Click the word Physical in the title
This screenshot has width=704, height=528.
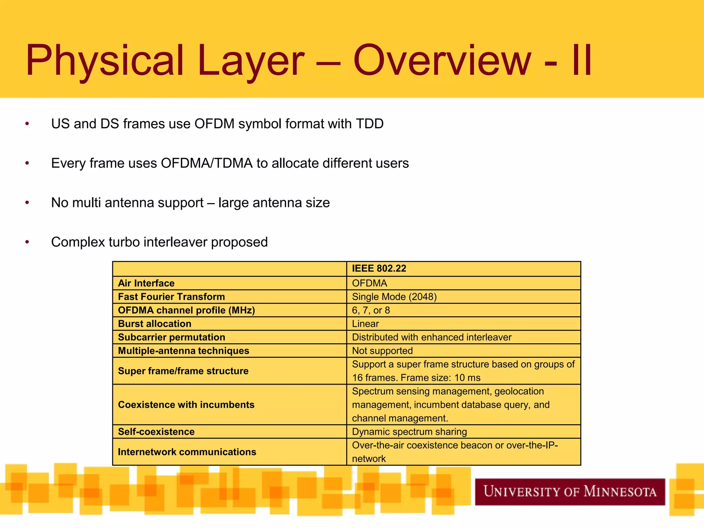pos(105,60)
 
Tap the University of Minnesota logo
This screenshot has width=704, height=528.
pos(570,492)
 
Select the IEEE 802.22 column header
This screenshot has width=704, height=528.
pos(379,268)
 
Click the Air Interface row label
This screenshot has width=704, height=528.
pos(146,283)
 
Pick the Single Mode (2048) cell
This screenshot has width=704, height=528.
pos(394,297)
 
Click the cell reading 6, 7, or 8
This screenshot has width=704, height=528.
pos(371,310)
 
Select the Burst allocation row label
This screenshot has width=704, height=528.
pos(154,324)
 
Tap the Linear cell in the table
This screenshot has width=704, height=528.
pos(365,324)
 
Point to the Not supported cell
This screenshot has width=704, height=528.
pos(382,351)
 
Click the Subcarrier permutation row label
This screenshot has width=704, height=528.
pos(171,337)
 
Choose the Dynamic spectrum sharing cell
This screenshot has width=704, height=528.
pos(409,432)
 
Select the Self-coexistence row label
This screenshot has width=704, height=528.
pos(156,432)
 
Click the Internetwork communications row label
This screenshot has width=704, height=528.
pos(187,452)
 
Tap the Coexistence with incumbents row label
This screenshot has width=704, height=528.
pos(186,405)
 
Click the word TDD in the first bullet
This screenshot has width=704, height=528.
pos(370,124)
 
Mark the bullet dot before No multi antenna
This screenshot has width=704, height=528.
pos(27,203)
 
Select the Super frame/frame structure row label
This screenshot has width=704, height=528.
pos(183,371)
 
